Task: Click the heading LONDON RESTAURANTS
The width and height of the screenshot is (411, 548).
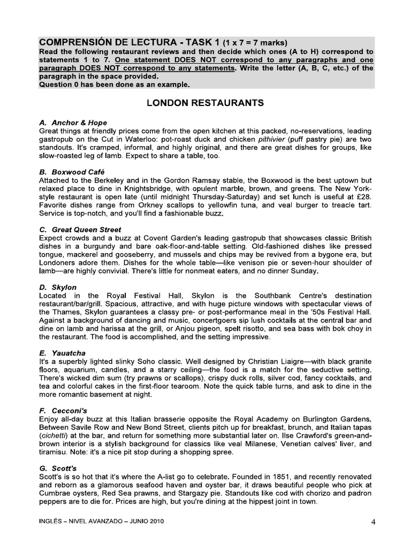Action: point(205,103)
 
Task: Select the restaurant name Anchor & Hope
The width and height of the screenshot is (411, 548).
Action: point(79,123)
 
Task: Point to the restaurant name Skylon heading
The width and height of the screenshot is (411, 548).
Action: point(64,287)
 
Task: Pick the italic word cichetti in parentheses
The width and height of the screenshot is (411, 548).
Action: point(55,436)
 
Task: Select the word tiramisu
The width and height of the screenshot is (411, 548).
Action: point(54,452)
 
